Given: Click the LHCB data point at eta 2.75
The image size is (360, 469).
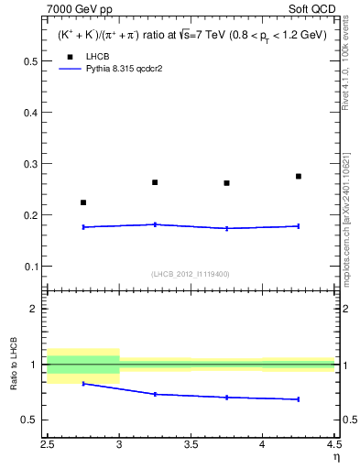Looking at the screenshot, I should coord(83,202).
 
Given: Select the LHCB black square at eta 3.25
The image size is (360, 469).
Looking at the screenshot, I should coord(155,182).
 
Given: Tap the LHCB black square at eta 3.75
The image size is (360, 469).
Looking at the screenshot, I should coord(226,183).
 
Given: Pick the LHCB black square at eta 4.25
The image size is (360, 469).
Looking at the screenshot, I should coord(299,176).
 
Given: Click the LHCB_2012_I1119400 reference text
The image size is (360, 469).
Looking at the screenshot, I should coord(190,274).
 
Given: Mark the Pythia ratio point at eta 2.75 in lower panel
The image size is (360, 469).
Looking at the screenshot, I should coord(83,384).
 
